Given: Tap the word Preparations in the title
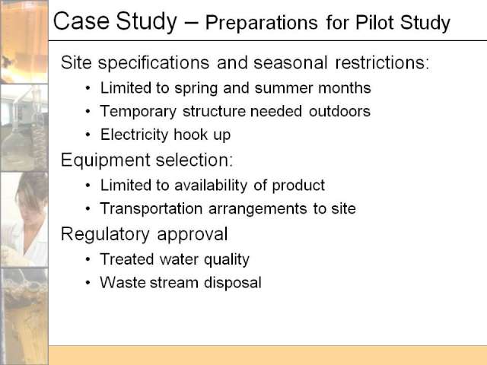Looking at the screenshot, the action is [262, 24].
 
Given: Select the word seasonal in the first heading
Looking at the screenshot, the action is [291, 62].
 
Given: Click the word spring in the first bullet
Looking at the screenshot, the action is [196, 89].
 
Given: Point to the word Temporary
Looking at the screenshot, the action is [138, 112].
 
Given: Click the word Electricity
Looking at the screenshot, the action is [134, 135].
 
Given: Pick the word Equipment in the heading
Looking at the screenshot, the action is [106, 160].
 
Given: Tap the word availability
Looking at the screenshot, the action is [211, 186].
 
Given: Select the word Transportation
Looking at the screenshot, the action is [151, 208].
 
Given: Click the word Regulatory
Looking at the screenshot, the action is [105, 235].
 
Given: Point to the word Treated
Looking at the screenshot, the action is [127, 259].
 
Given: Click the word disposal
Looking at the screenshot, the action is [233, 282].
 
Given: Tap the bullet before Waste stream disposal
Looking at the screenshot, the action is [88, 282].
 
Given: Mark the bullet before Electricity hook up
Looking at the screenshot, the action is [88, 135].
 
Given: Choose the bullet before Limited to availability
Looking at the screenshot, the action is [88, 186].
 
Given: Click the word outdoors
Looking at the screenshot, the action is [339, 111].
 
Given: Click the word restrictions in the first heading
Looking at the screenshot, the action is [382, 62].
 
